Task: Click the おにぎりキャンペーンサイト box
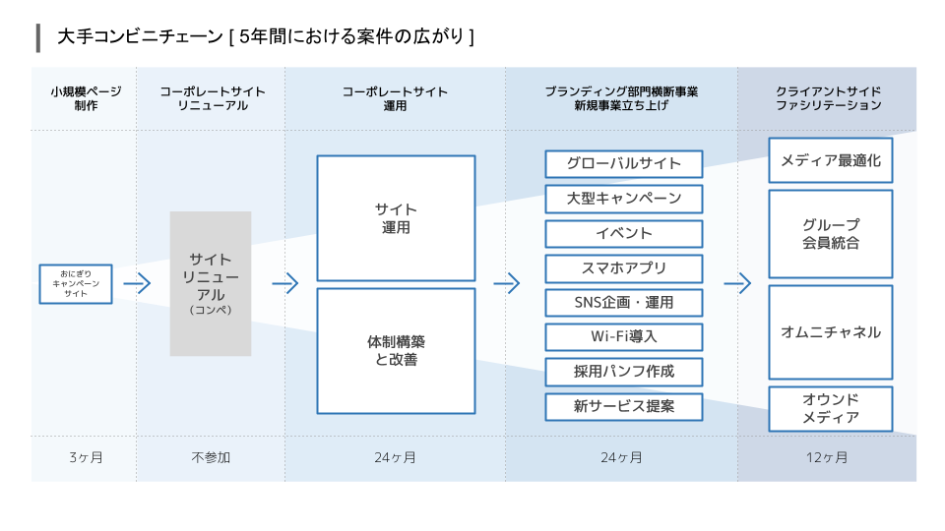click(76, 283)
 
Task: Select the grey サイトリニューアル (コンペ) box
click(211, 283)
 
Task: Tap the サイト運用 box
click(396, 218)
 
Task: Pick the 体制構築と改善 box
click(396, 351)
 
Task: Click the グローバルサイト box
click(624, 164)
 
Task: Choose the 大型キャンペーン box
click(624, 199)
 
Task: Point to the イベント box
click(624, 234)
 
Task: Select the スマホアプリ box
click(624, 268)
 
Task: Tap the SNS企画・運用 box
click(624, 303)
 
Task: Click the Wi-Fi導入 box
click(624, 337)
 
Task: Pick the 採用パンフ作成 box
click(624, 372)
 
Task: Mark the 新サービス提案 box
click(624, 407)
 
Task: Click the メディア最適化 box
click(831, 160)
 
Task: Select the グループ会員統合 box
click(831, 234)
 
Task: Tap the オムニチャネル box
click(831, 332)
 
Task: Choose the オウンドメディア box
click(831, 409)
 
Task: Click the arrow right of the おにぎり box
click(137, 283)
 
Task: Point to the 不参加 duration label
click(211, 457)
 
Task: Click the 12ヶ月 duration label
click(827, 457)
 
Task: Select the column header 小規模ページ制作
click(86, 98)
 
